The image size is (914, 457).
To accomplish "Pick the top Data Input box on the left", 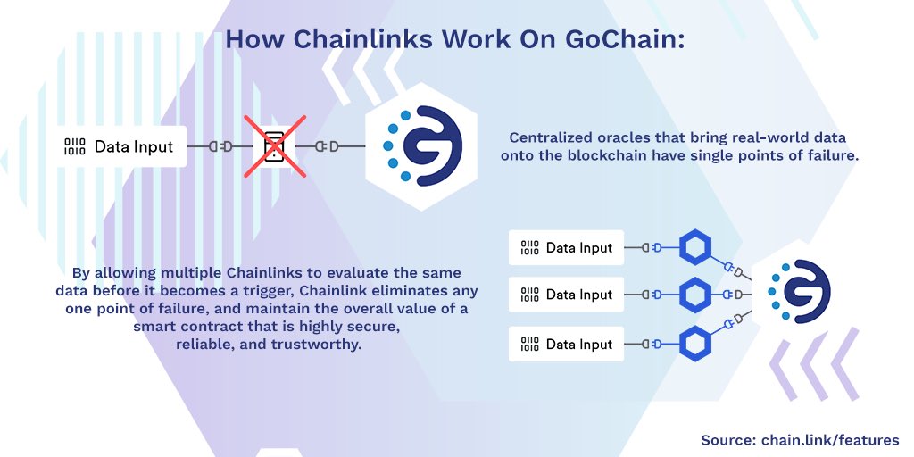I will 121,146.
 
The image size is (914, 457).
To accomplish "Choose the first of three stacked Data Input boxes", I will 568,247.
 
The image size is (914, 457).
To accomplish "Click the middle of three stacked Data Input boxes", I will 568,295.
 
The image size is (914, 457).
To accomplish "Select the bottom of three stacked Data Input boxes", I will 568,344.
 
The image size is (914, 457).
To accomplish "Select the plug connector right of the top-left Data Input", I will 220,146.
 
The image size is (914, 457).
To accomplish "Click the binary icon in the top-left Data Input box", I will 75,146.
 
